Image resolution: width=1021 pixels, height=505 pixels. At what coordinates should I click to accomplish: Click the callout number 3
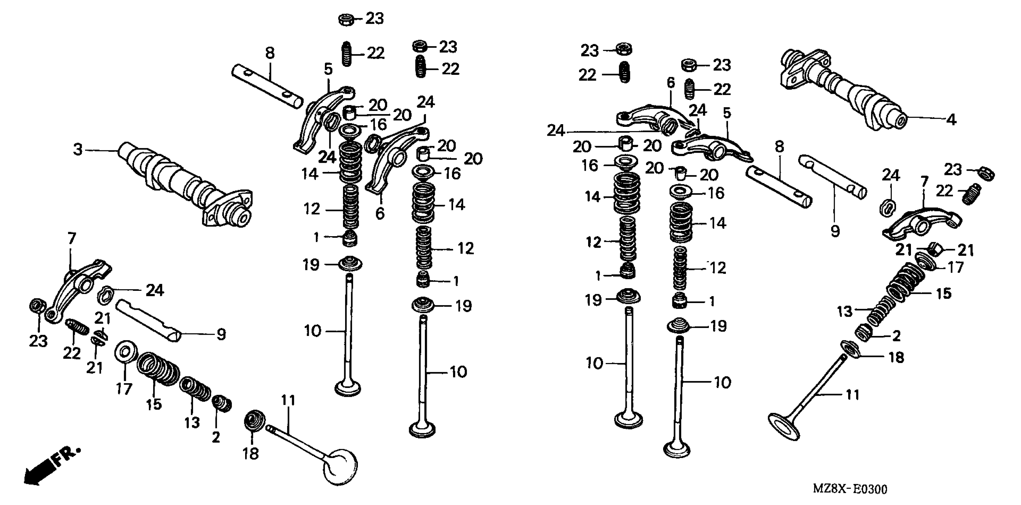[78, 150]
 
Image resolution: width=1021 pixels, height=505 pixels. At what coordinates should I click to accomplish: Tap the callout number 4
[951, 119]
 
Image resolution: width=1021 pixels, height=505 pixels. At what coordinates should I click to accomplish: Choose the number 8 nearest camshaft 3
[270, 53]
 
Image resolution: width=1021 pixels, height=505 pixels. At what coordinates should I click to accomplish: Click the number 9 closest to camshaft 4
[835, 231]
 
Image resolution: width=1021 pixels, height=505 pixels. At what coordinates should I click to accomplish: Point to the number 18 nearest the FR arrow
[250, 454]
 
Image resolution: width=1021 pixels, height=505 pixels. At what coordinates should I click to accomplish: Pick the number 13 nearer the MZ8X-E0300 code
[844, 312]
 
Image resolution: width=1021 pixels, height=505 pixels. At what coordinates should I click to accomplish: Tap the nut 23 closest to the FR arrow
[37, 306]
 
